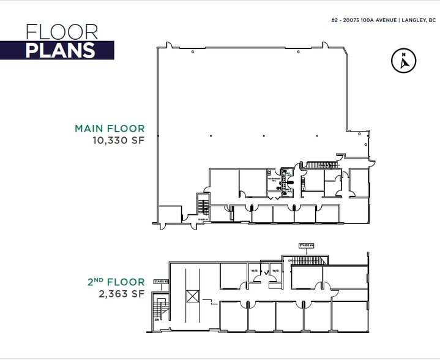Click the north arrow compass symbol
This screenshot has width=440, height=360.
click(x=403, y=61)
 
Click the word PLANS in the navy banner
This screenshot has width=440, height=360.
click(x=60, y=50)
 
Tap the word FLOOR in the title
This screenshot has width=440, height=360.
click(x=62, y=32)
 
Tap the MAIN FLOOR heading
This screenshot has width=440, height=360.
click(x=110, y=129)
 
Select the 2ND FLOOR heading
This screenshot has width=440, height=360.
click(x=116, y=282)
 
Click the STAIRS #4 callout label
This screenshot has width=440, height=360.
click(x=306, y=246)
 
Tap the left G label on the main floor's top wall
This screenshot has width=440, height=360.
click(x=193, y=53)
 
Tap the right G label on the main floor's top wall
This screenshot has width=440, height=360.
click(x=297, y=53)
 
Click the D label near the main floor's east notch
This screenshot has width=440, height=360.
click(x=359, y=132)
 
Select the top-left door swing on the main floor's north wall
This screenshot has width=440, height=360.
click(x=169, y=45)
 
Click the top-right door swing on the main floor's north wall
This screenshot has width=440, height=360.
click(x=322, y=45)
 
